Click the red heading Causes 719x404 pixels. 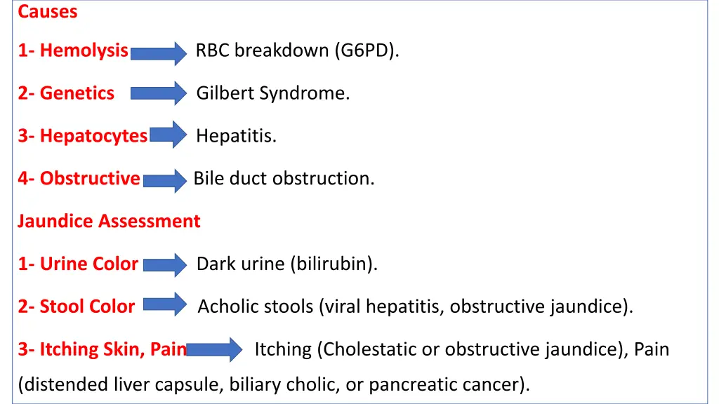click(x=48, y=12)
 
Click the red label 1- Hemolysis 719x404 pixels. click(x=73, y=50)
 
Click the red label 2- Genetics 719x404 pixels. click(x=66, y=93)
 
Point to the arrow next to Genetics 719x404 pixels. click(x=159, y=93)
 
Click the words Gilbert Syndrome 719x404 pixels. click(x=272, y=93)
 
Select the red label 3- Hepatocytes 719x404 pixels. click(x=83, y=136)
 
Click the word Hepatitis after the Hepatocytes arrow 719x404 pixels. click(x=236, y=136)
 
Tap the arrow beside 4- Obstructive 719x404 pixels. click(x=165, y=180)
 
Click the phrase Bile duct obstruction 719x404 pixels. click(x=284, y=179)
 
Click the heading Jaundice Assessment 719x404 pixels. click(x=109, y=222)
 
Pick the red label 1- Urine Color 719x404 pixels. click(x=78, y=264)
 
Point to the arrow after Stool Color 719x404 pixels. click(x=165, y=306)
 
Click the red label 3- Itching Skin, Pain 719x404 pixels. click(x=103, y=349)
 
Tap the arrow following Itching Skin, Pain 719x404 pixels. click(x=214, y=349)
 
